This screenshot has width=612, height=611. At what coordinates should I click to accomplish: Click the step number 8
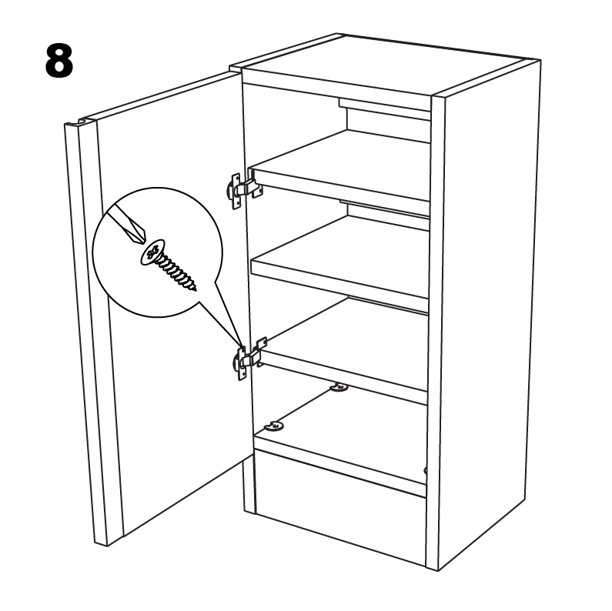click(x=59, y=60)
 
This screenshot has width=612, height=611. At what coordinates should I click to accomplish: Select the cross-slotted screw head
click(x=152, y=252)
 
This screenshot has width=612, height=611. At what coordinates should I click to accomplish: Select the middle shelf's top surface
click(x=343, y=249)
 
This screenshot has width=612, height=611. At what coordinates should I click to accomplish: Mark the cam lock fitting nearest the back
click(x=339, y=387)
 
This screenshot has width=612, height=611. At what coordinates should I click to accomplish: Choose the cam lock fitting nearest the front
click(x=274, y=426)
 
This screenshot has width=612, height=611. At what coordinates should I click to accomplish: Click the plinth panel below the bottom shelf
click(x=340, y=508)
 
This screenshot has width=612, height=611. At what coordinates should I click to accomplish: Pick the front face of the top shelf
click(x=340, y=185)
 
